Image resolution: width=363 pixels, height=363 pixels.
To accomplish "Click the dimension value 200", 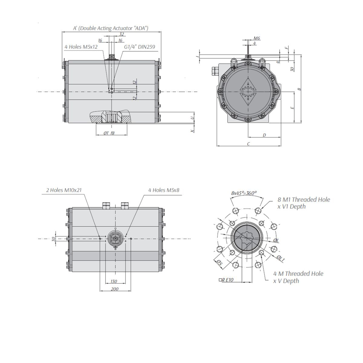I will click(x=115, y=289).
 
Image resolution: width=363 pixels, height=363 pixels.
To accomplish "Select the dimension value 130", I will click(x=114, y=281).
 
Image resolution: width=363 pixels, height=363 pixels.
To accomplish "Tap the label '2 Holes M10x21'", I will click(x=64, y=190).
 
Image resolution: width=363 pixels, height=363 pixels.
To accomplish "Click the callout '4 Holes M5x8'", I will click(x=164, y=190).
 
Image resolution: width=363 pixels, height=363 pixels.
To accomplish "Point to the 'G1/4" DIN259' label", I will click(x=139, y=47).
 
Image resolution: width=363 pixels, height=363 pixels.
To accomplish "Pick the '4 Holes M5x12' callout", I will click(x=81, y=47).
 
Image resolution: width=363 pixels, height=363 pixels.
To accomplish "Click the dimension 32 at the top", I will click(x=122, y=34).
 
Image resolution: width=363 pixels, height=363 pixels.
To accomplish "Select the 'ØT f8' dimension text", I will click(x=109, y=133).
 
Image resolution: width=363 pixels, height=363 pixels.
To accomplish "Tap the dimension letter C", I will click(x=249, y=144).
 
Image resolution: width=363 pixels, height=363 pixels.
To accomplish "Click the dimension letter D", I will click(x=264, y=135).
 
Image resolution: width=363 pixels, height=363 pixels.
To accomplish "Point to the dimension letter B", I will click(x=299, y=89).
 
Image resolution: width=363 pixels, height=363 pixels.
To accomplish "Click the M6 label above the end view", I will click(x=257, y=38).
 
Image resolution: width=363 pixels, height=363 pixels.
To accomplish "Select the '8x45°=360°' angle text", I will click(x=244, y=193).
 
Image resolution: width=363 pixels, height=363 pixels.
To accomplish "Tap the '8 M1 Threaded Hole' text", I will click(x=304, y=200).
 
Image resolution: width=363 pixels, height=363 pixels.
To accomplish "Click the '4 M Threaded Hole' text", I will click(x=298, y=274).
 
